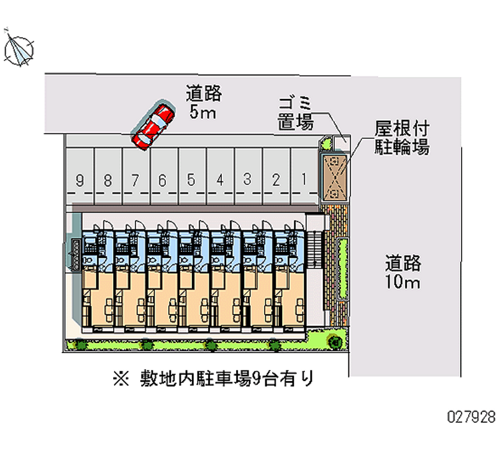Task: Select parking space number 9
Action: (x=80, y=181)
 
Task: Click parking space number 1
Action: (x=304, y=180)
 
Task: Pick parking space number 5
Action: (x=191, y=181)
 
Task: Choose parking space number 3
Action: (x=247, y=180)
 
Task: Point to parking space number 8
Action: (x=107, y=181)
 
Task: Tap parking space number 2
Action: (x=276, y=180)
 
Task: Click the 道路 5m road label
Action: (x=204, y=103)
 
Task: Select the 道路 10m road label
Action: (x=403, y=273)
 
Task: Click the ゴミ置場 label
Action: (x=296, y=113)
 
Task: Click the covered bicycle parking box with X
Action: (x=335, y=177)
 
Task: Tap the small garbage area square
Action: (x=340, y=144)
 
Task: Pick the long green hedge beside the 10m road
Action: (x=341, y=267)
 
